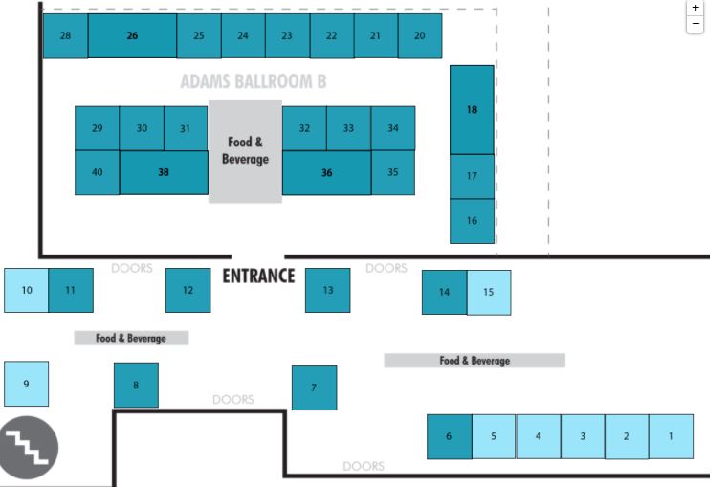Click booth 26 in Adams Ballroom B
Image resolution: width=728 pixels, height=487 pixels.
tap(132, 36)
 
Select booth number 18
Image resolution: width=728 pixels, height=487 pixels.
tap(472, 110)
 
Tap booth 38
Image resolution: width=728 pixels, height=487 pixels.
tap(164, 173)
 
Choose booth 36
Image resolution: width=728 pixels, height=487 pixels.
tap(326, 173)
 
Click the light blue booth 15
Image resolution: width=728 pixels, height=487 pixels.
tap(489, 292)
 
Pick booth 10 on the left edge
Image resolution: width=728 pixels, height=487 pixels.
tap(27, 290)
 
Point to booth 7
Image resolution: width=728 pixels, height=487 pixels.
tap(314, 387)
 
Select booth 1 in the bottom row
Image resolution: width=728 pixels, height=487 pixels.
tap(671, 436)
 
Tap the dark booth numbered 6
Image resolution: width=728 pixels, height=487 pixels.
tap(449, 436)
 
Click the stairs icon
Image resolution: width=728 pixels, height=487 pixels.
tap(30, 447)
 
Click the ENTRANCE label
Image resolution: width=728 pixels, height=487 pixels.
tap(258, 277)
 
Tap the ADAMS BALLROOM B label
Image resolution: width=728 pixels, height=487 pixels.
tap(253, 82)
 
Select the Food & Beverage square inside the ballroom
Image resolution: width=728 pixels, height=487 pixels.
tap(245, 151)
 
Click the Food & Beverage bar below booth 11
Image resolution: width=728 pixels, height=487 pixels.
tap(131, 339)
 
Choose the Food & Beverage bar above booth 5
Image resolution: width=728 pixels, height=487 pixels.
tap(474, 361)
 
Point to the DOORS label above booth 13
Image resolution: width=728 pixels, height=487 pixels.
tap(386, 269)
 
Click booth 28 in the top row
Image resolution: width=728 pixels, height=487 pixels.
tap(65, 36)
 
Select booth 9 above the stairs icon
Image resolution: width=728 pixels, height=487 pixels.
tap(26, 384)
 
